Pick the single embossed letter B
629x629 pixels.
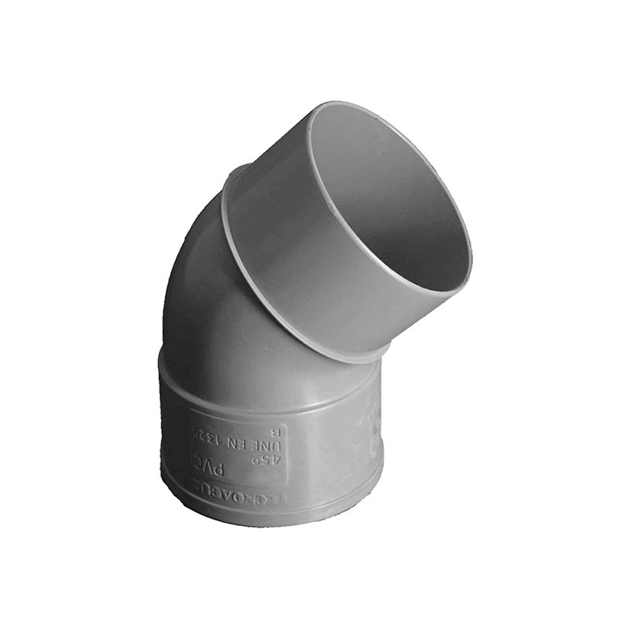[274, 431]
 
